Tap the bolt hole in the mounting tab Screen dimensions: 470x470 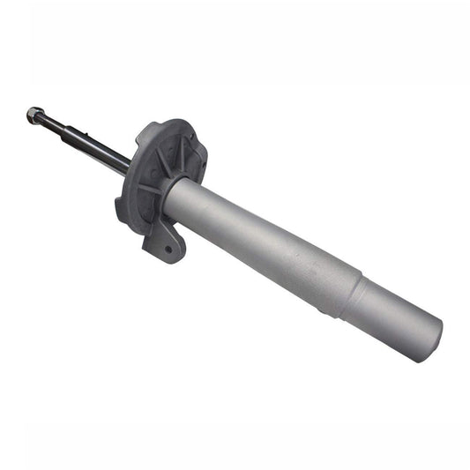[168, 250]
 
